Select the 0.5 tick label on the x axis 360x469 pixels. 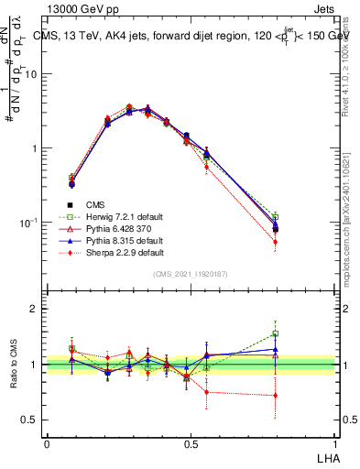pyautogui.click(x=191, y=443)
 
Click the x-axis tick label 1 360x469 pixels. pyautogui.click(x=335, y=443)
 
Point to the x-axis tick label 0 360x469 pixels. pyautogui.click(x=47, y=443)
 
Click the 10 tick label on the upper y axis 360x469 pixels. pyautogui.click(x=30, y=74)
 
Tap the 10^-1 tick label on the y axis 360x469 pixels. pyautogui.click(x=27, y=222)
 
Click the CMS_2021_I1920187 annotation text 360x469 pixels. pyautogui.click(x=190, y=274)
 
